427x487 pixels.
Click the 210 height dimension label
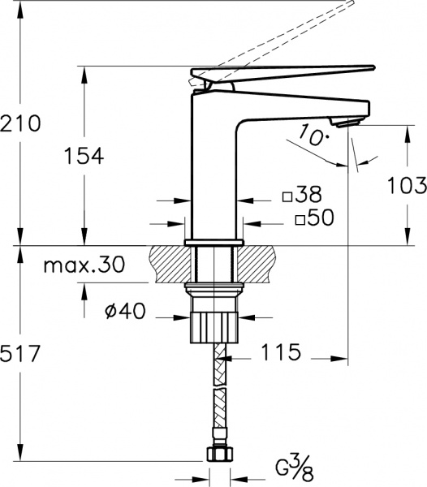point(20,123)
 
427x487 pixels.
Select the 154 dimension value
point(84,156)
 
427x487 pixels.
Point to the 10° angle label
point(314,135)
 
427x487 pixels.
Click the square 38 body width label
point(302,195)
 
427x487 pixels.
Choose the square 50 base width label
point(315,217)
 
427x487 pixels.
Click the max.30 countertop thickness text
point(84,265)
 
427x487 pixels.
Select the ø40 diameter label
point(125,311)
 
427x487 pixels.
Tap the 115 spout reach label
point(281,352)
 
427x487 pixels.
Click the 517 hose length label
point(20,353)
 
